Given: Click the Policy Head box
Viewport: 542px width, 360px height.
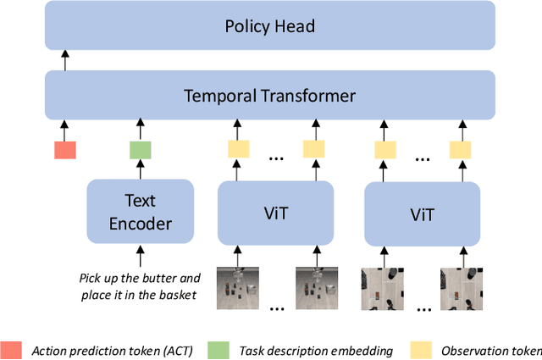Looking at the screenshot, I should [269, 25].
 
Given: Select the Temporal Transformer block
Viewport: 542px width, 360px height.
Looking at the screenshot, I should [269, 96].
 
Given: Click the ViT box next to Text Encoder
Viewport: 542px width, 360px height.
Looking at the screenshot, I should [267, 213].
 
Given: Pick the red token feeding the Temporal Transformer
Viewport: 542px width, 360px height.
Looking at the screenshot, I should [65, 150].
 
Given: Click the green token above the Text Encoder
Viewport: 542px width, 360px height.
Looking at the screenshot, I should [140, 150].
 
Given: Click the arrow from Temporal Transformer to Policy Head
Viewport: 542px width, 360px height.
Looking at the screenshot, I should [64, 59].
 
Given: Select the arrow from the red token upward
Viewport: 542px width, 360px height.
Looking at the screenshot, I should [65, 129].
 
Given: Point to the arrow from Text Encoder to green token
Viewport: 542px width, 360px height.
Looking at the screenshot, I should [140, 170].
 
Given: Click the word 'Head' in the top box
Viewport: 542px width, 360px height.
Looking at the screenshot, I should [296, 25].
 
